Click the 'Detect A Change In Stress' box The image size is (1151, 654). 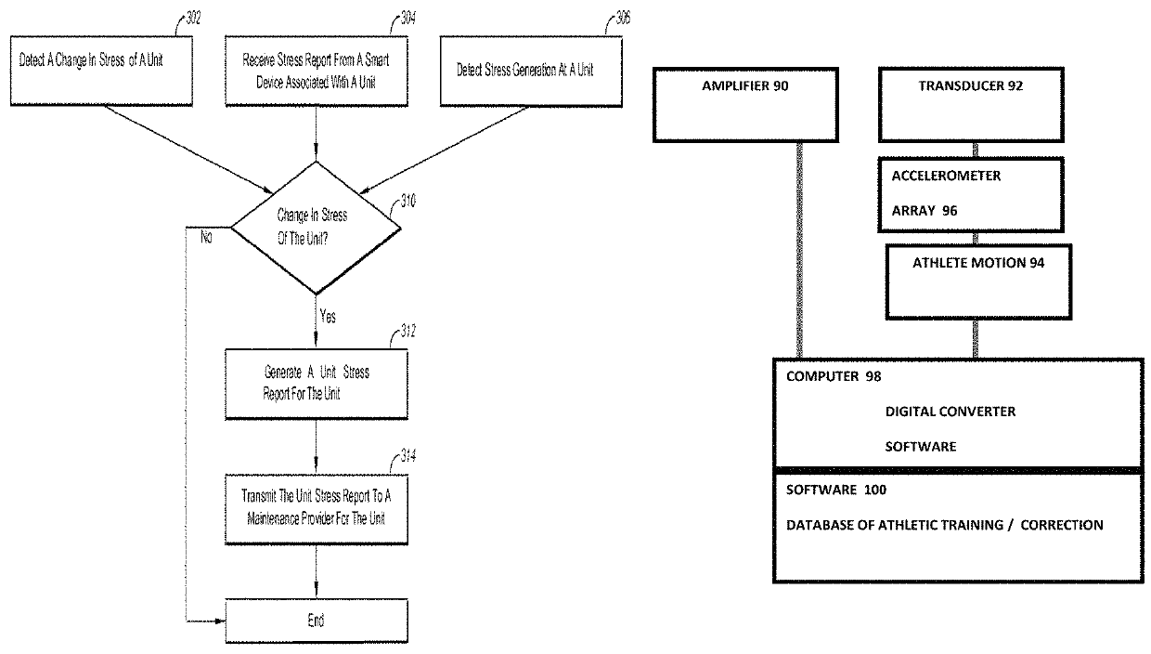pos(102,71)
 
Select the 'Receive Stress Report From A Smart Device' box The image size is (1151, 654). pos(317,71)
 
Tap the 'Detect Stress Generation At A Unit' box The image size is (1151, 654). pos(531,71)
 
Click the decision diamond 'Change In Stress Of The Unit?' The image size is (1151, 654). pos(316,228)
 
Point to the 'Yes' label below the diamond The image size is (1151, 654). pos(328,316)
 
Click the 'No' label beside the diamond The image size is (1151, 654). pos(206,237)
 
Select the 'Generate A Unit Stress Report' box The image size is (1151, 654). pos(317,384)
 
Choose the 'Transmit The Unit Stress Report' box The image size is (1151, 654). pos(317,509)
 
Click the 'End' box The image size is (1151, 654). pos(317,621)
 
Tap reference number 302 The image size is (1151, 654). pos(193,19)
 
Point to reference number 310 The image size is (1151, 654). pos(408,201)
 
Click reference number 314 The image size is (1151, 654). pos(408,456)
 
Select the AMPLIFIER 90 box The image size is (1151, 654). pos(745,105)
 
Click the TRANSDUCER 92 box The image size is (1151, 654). pos(971,105)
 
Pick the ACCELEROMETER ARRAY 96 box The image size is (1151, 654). pos(971,195)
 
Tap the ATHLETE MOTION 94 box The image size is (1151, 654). pos(978,281)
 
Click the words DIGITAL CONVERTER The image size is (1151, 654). pos(951,412)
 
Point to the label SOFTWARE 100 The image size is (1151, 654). pos(836,490)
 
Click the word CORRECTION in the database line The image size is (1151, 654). pos(1062,525)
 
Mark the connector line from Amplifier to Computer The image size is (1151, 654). pos(799,250)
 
